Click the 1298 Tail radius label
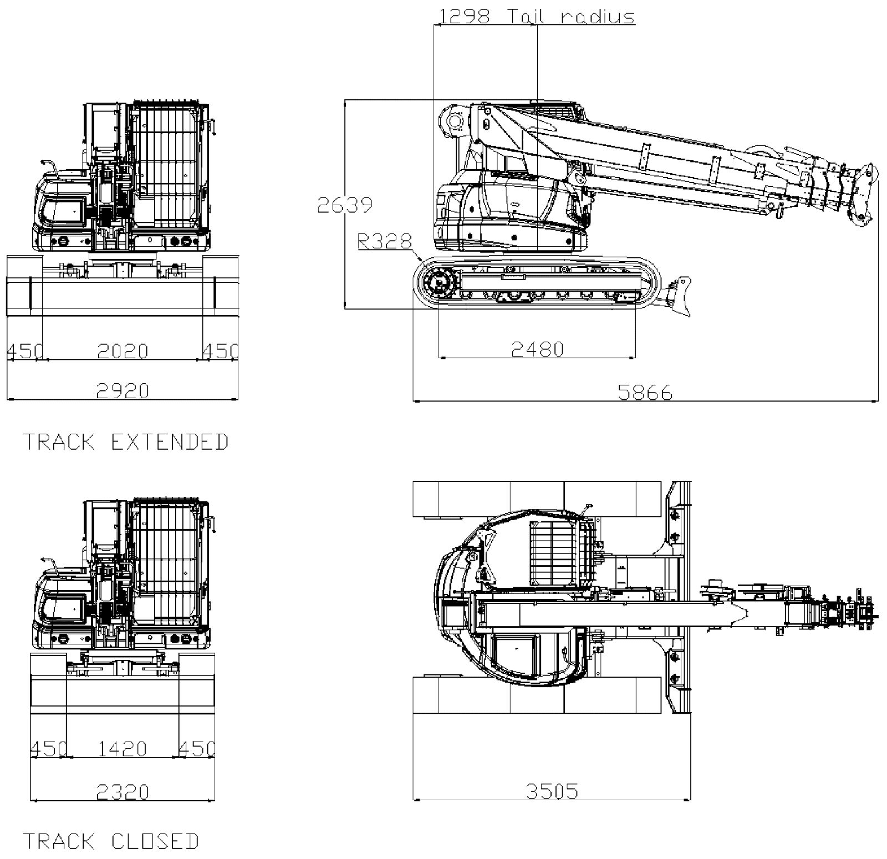coord(537,16)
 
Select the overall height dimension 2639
coord(344,205)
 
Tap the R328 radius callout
coord(385,241)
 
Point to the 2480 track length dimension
coord(537,348)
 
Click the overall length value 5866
coord(645,393)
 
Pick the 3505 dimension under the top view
coord(552,791)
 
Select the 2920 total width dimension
coord(123,391)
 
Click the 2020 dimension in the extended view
coord(123,351)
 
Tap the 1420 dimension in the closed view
coord(123,749)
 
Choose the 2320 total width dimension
coord(123,792)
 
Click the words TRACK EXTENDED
coord(125,442)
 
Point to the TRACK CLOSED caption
coord(110,841)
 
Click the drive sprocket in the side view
coord(439,284)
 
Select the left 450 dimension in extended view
coord(24,351)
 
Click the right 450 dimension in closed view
coord(197,749)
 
